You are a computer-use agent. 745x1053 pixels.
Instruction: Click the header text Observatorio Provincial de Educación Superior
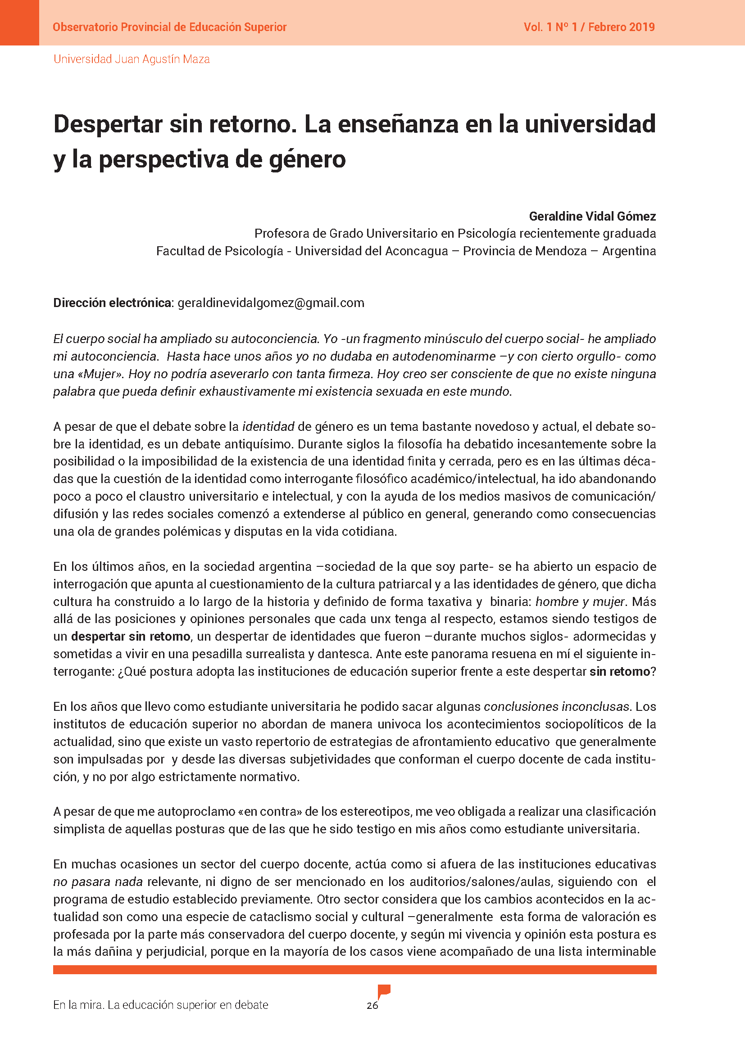click(x=169, y=27)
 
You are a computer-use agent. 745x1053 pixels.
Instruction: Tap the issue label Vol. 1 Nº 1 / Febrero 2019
click(x=589, y=27)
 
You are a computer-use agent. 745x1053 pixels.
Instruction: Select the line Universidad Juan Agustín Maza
click(x=132, y=59)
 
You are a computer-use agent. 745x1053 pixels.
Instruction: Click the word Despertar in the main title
click(x=108, y=124)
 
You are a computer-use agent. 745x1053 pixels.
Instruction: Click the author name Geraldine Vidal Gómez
click(x=592, y=216)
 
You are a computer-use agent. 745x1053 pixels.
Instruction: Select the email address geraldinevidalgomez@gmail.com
click(x=271, y=303)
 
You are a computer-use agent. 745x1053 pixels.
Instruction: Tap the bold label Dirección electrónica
click(x=113, y=303)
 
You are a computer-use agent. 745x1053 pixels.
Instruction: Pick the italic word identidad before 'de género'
click(x=268, y=426)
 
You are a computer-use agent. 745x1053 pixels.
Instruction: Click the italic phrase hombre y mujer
click(x=580, y=601)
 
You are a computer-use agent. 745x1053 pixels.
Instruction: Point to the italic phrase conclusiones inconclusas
click(x=556, y=706)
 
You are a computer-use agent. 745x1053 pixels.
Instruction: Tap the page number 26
click(x=372, y=1005)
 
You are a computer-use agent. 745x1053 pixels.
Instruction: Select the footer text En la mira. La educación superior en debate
click(x=160, y=1005)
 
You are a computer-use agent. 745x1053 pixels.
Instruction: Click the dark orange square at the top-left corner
click(x=19, y=23)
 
